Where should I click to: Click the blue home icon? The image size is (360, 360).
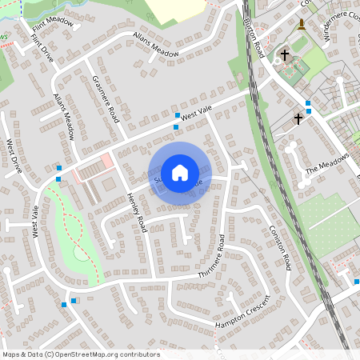coord(180,173)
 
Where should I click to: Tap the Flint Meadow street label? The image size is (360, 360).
coord(52,30)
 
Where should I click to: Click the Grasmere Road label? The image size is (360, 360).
coord(105,98)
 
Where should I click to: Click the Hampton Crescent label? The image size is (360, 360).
coord(244,313)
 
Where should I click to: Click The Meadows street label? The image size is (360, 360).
coord(328,164)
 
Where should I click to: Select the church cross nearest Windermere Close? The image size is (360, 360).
coord(285,56)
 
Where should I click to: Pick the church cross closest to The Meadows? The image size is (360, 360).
coord(298,118)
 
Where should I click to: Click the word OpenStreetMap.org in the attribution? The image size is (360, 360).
coord(86,354)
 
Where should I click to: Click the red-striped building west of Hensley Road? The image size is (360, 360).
coord(93,169)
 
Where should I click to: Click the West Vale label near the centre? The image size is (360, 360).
coord(196,117)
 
